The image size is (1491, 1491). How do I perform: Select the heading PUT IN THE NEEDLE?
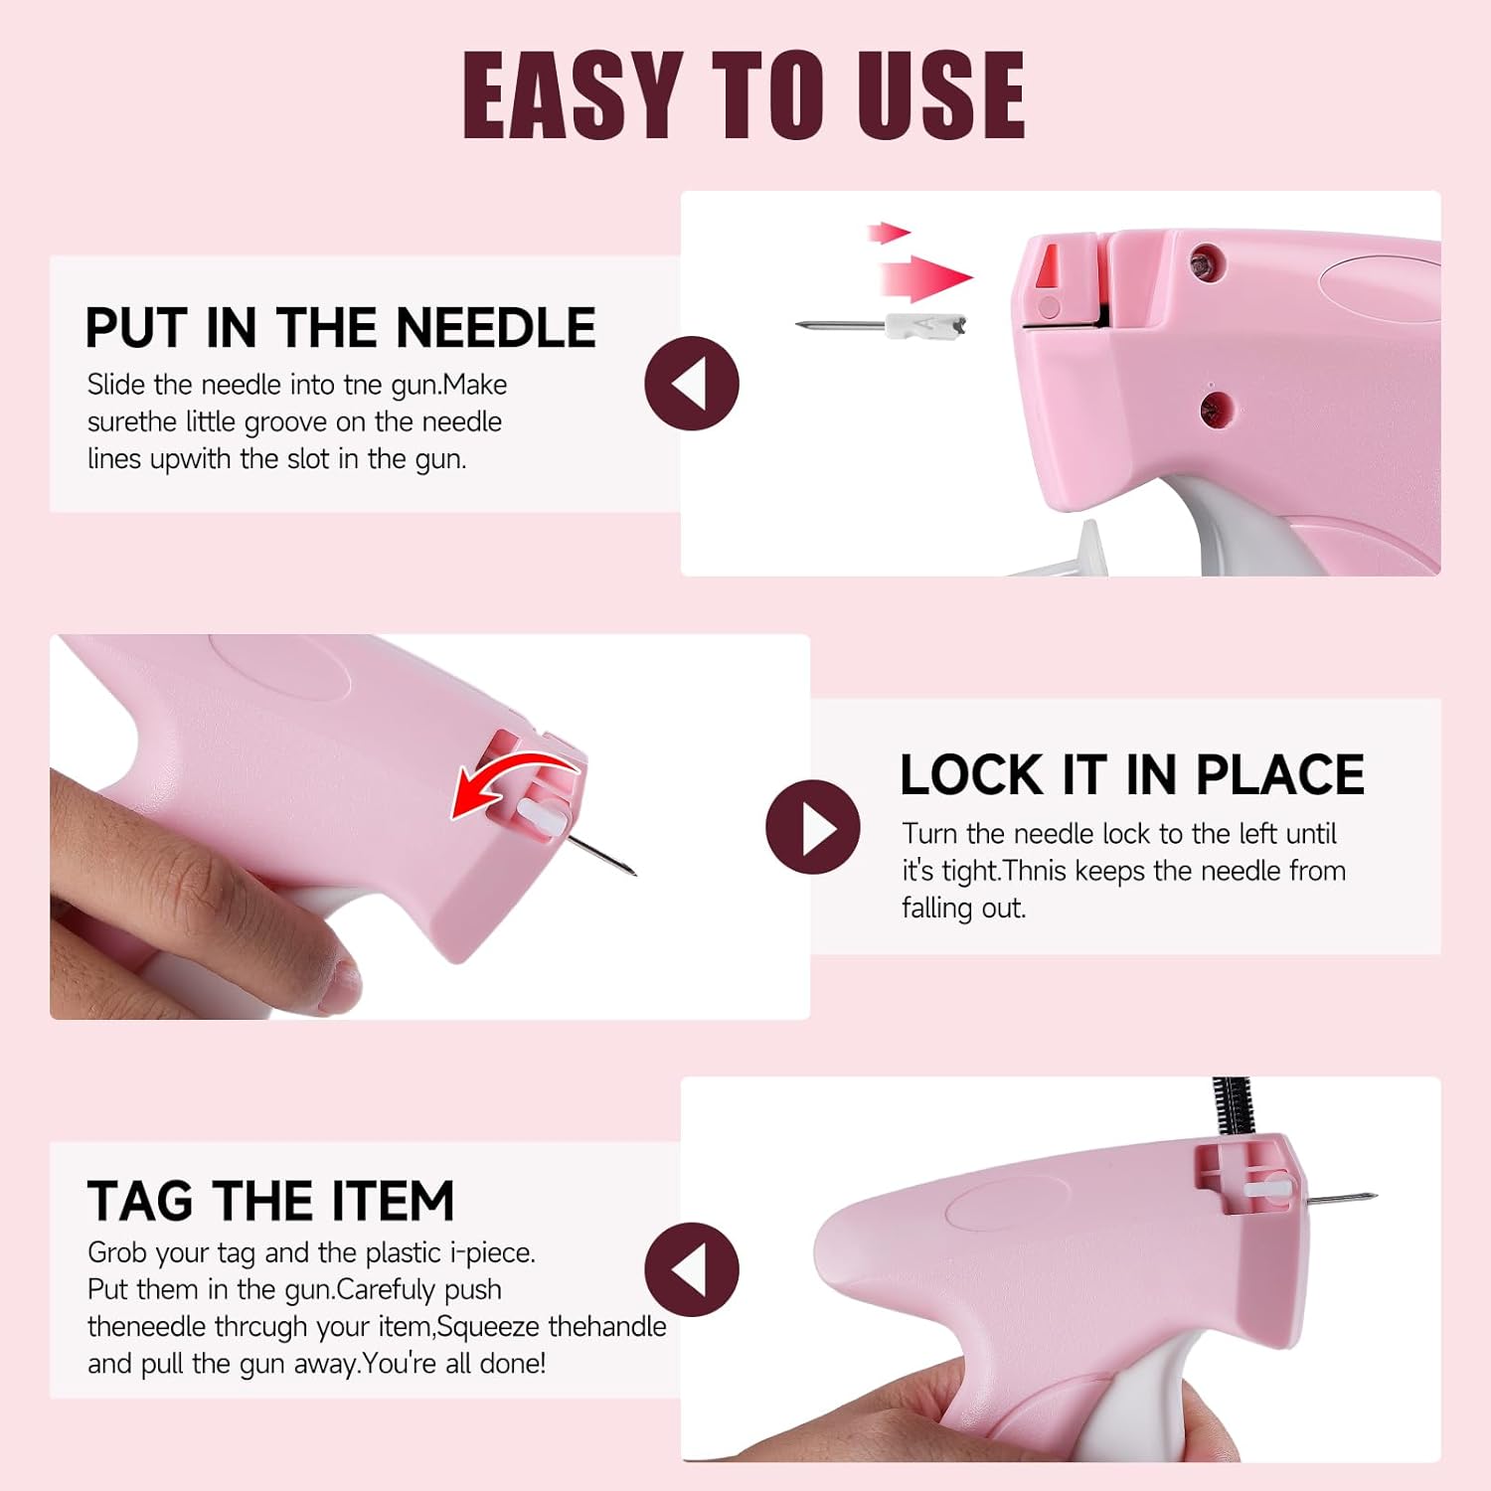coord(340,328)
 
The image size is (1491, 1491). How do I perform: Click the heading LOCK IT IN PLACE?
coord(1131,775)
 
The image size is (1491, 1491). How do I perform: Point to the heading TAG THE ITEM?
coord(270,1201)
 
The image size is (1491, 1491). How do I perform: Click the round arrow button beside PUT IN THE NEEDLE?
coord(692,384)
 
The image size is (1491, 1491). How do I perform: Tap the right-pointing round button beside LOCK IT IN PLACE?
coord(812,827)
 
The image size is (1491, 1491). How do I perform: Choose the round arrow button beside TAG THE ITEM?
coord(692,1269)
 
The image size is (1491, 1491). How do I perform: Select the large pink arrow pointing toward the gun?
coord(924,277)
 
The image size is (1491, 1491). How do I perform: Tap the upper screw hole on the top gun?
coord(1207,263)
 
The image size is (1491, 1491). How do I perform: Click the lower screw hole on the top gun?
coord(1215,408)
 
